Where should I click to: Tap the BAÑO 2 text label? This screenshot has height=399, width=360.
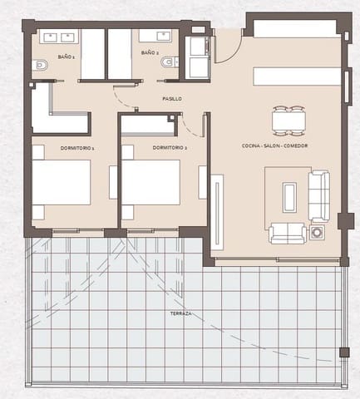(150, 52)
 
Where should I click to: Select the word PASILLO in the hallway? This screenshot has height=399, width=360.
(172, 99)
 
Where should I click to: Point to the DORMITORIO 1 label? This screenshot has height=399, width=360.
(77, 147)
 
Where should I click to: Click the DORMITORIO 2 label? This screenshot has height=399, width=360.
(169, 147)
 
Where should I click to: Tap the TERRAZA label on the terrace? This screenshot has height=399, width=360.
(179, 313)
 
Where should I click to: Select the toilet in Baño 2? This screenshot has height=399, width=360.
(170, 62)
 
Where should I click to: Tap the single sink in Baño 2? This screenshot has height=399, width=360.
(155, 36)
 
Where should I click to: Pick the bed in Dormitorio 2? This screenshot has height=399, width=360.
(150, 182)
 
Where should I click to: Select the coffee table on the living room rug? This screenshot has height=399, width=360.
(288, 197)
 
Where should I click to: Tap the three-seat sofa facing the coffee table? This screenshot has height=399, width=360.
(319, 195)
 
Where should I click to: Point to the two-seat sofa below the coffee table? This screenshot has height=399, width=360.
(288, 233)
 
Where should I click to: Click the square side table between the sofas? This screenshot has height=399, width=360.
(318, 233)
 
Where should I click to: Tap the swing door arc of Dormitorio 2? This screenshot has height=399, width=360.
(192, 125)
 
